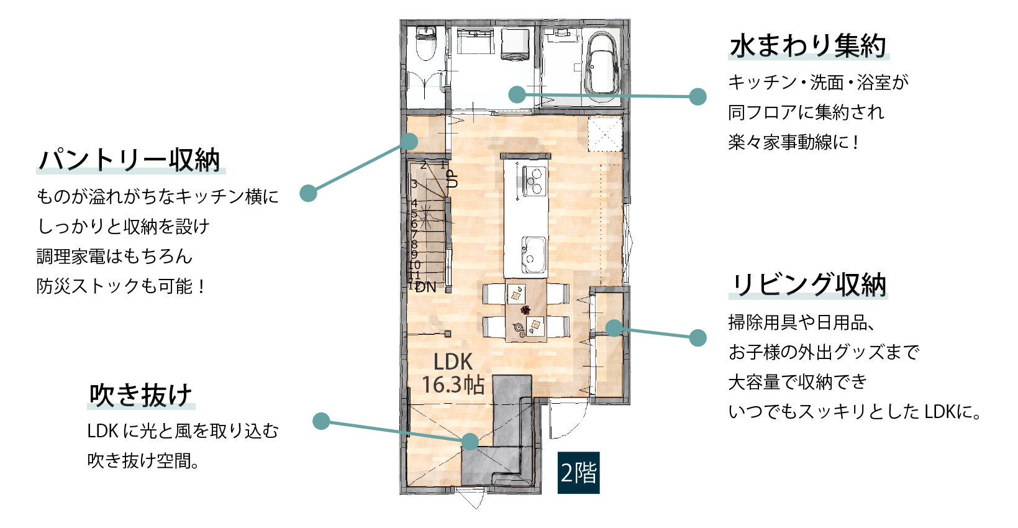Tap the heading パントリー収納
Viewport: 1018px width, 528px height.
pos(130,160)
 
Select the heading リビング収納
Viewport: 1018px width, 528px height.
pos(809,285)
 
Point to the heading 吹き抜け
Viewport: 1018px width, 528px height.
pos(140,394)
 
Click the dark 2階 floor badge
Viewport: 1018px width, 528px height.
pos(578,473)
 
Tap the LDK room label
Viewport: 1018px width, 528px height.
pos(453,362)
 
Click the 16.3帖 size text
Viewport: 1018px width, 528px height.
pos(453,385)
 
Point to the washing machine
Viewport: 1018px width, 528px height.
pos(516,45)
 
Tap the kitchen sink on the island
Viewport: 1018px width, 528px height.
pos(534,255)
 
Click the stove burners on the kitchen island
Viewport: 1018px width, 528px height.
pos(534,181)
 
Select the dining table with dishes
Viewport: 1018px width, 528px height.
pos(526,311)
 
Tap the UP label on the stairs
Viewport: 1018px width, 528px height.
pos(452,179)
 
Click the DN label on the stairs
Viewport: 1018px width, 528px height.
pos(426,287)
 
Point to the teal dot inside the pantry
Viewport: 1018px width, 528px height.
pos(409,141)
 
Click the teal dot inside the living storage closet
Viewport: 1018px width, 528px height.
pos(614,327)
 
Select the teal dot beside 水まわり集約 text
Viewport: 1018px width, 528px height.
pos(698,96)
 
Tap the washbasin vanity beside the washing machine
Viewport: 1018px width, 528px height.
pos(475,42)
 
